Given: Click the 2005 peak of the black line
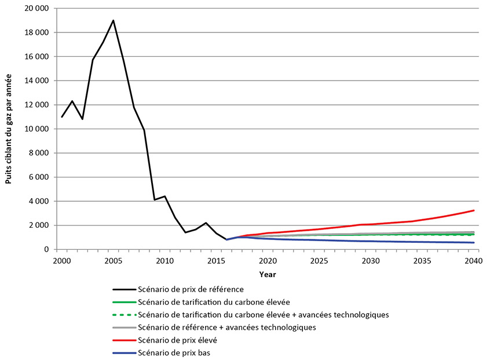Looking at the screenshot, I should tap(113, 20).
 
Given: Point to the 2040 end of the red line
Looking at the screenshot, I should tap(474, 210).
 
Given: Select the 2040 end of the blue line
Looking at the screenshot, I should tap(474, 242).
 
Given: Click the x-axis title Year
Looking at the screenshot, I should tap(268, 273).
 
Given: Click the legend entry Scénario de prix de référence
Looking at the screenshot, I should tap(190, 288).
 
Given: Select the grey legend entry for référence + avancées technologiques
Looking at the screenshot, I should tap(227, 328).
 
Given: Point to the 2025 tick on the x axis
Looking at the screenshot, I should tap(319, 260).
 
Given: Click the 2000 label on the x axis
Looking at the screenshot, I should tap(61, 260).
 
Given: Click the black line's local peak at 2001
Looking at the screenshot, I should tap(72, 101).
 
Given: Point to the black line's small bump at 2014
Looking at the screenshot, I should tap(206, 223).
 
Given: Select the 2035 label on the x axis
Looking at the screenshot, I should tap(422, 260).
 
